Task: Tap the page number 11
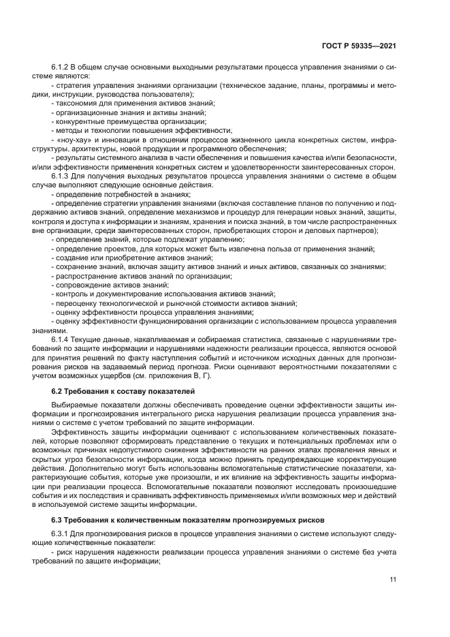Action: (393, 579)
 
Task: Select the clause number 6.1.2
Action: (61, 67)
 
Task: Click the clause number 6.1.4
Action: (61, 339)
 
